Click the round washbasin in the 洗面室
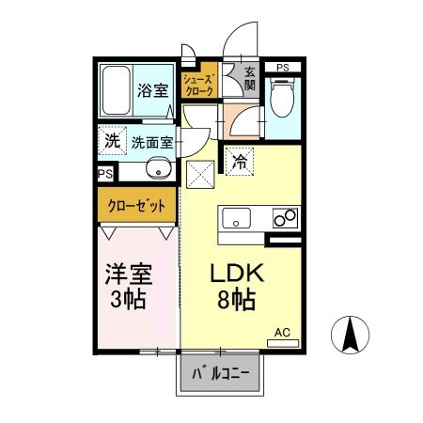point(159,170)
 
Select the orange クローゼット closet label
point(134,205)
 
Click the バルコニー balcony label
point(222,373)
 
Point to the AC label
point(282,332)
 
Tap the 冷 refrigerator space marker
point(240,161)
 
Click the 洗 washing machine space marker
point(112,142)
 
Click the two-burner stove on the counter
point(284,219)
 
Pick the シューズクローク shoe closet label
point(199,85)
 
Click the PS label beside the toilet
point(283,67)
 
